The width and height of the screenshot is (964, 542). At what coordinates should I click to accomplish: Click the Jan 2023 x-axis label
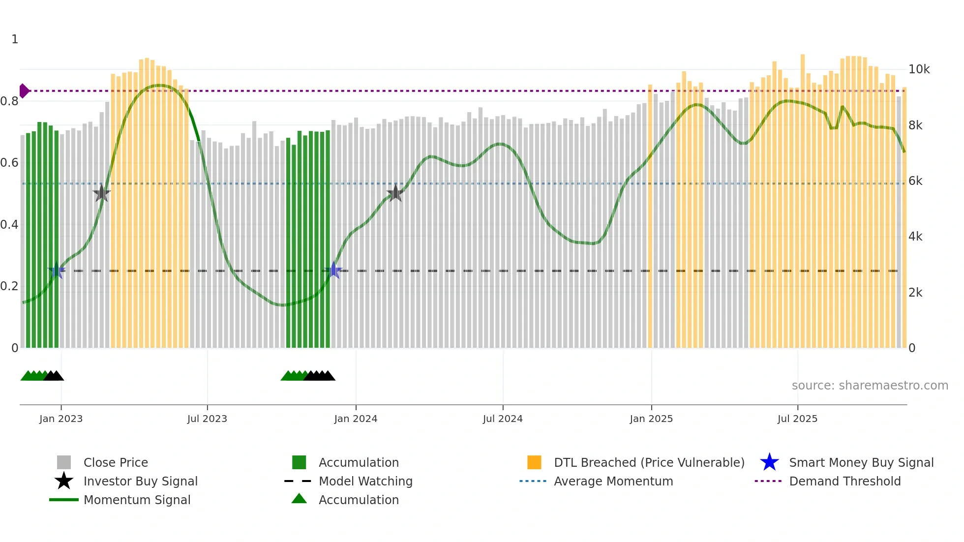[61, 419]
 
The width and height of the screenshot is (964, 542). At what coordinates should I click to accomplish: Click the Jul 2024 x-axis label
[503, 419]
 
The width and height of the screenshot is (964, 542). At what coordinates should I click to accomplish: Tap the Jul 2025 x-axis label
[797, 419]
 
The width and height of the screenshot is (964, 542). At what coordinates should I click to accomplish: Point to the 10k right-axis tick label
[919, 69]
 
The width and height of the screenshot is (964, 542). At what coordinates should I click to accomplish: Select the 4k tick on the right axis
[915, 237]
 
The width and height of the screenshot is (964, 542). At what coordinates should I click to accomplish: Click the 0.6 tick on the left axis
[9, 163]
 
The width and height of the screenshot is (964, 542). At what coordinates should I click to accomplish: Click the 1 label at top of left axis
[15, 39]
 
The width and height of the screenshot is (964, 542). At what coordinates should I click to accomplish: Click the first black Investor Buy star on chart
[101, 193]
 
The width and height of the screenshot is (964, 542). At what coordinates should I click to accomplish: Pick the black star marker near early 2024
[395, 193]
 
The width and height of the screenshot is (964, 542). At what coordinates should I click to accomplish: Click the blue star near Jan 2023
[57, 270]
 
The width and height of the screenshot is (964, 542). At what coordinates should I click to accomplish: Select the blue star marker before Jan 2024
[333, 270]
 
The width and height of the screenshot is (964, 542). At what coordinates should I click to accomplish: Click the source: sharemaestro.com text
[870, 386]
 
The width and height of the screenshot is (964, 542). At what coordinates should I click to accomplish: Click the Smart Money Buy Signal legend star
[769, 462]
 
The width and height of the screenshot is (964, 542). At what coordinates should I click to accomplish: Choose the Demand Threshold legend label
[844, 481]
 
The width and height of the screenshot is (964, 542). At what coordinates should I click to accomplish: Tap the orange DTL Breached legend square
[534, 462]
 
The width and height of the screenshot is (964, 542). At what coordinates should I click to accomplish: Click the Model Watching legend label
[365, 481]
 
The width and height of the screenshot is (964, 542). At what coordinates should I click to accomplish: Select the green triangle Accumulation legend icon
[299, 499]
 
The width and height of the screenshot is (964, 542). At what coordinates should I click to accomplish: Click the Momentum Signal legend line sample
[64, 500]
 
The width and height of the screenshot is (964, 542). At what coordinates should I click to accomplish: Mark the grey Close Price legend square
[64, 462]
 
